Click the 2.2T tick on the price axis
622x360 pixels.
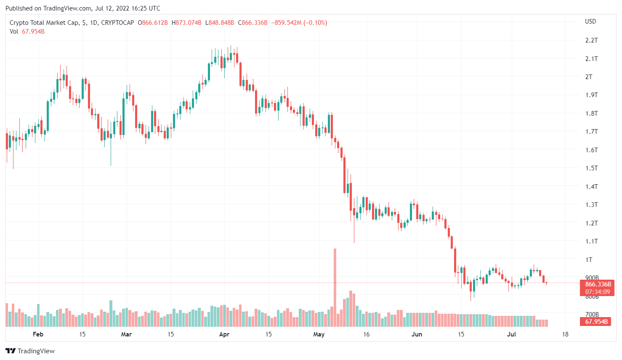tap(591, 40)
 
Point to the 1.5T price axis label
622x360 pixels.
tap(591, 168)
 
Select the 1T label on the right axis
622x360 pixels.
tap(589, 259)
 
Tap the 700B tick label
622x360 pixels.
tap(592, 314)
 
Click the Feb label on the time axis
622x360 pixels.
tap(38, 334)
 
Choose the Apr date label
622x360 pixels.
tap(224, 334)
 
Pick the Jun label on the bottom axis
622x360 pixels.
tap(417, 334)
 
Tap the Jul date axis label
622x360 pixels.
tap(511, 334)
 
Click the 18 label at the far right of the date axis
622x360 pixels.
tap(565, 334)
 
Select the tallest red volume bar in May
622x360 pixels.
tap(335, 286)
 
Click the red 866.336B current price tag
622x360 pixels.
tap(598, 284)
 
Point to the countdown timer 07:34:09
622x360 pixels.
tap(598, 292)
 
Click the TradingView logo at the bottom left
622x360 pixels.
tap(30, 351)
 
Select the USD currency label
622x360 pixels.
tap(590, 21)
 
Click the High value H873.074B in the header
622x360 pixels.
tap(186, 23)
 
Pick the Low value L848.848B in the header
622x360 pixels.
tap(219, 23)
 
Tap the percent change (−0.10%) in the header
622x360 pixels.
tap(315, 23)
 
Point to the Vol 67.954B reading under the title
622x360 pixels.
tap(27, 32)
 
